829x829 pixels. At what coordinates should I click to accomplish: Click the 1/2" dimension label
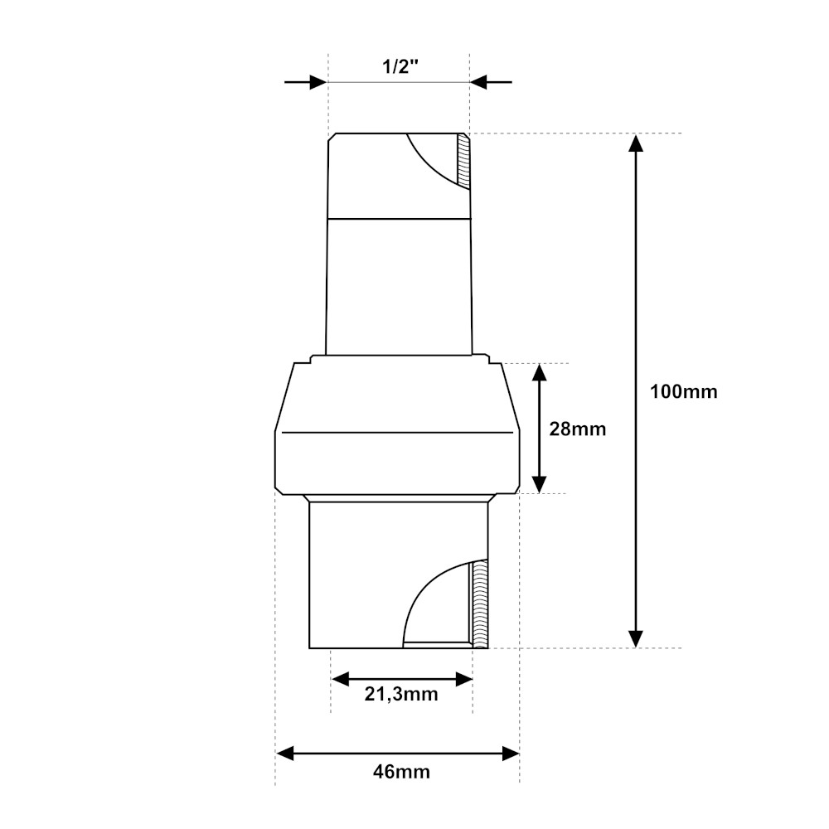pyautogui.click(x=400, y=66)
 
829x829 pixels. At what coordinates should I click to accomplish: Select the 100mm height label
pyautogui.click(x=684, y=392)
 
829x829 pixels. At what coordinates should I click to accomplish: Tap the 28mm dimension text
pyautogui.click(x=577, y=429)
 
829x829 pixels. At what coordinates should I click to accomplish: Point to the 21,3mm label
pyautogui.click(x=401, y=694)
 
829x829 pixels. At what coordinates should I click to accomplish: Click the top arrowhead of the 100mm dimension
pyautogui.click(x=636, y=143)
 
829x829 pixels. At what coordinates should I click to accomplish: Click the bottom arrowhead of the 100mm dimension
pyautogui.click(x=636, y=638)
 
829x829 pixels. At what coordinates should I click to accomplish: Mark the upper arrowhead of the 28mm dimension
pyautogui.click(x=539, y=373)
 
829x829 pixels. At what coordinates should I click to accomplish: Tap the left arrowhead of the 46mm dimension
pyautogui.click(x=285, y=754)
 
